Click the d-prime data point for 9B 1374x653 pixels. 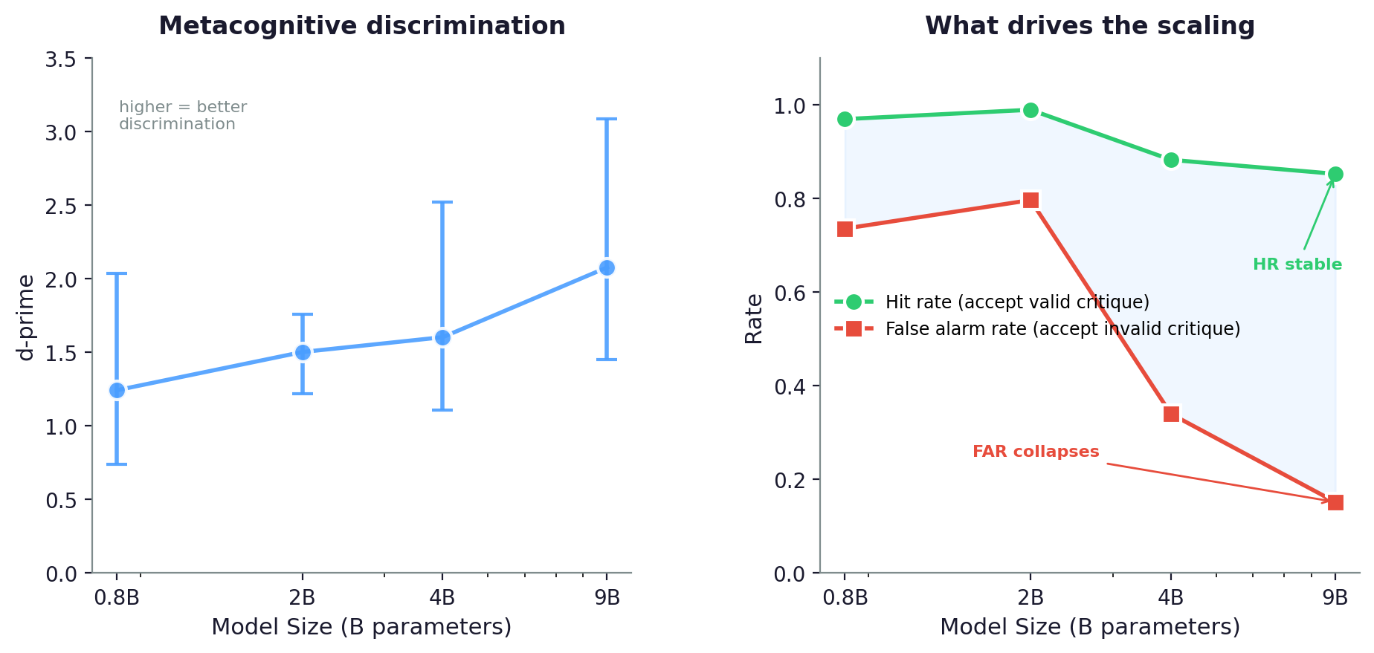pyautogui.click(x=607, y=267)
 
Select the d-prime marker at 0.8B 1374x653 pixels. pyautogui.click(x=117, y=390)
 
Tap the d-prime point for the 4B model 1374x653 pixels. pyautogui.click(x=442, y=337)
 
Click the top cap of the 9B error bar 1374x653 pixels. pyautogui.click(x=607, y=119)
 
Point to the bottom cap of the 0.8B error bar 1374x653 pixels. pyautogui.click(x=117, y=464)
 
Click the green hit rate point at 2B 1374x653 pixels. pyautogui.click(x=1030, y=111)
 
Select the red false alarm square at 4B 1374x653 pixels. pyautogui.click(x=1171, y=414)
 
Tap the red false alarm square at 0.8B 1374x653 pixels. pyautogui.click(x=845, y=229)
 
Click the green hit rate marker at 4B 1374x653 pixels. pyautogui.click(x=1171, y=160)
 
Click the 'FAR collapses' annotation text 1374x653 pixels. pyautogui.click(x=1035, y=452)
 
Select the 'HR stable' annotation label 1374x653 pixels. pyautogui.click(x=1297, y=264)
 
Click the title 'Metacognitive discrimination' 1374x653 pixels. pyautogui.click(x=362, y=26)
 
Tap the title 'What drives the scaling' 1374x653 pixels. pyautogui.click(x=1089, y=26)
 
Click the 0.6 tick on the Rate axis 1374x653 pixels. pyautogui.click(x=789, y=293)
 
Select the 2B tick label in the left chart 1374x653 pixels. pyautogui.click(x=302, y=597)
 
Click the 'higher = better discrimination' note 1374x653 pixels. pyautogui.click(x=183, y=116)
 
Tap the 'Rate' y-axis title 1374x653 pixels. pyautogui.click(x=754, y=319)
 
